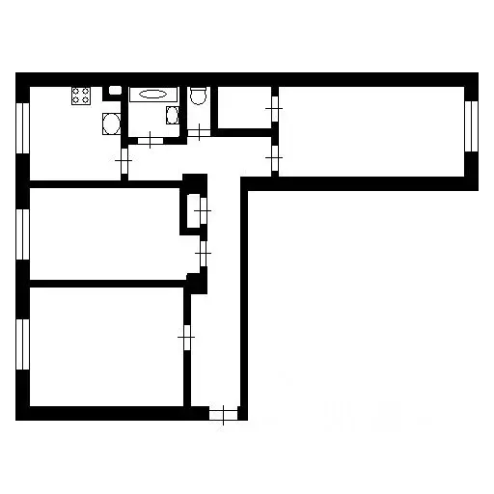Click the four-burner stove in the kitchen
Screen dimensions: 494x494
pos(80,96)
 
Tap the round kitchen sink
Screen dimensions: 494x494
pos(111,123)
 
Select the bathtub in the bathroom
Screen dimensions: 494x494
pos(153,96)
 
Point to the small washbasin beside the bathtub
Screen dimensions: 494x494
pos(172,116)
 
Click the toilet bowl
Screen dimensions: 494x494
pos(198,96)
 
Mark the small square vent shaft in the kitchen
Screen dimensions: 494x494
pos(114,91)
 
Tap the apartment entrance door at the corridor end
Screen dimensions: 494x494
pos(223,416)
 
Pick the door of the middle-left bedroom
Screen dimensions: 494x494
pos(202,253)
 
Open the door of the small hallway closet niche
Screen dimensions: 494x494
pos(202,208)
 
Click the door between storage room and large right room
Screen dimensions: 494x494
pos(274,109)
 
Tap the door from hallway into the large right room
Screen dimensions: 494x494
pos(274,153)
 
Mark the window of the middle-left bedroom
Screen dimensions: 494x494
pos(22,233)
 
